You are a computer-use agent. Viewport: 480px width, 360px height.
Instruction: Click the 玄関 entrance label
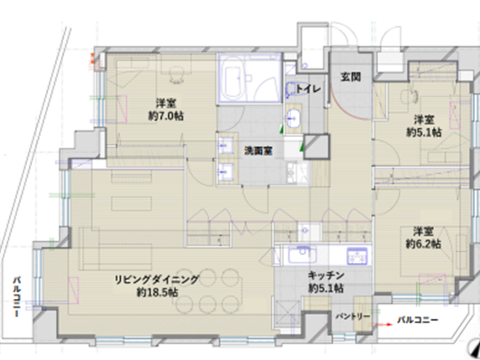[351, 77]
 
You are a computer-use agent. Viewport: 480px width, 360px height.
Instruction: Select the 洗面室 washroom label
[258, 151]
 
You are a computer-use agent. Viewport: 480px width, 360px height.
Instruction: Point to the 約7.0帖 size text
[166, 116]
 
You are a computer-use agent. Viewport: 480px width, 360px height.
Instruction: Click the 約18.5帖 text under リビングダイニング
[157, 292]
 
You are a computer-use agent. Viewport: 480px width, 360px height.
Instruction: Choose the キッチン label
[326, 275]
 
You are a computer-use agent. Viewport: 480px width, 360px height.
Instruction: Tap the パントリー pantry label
[353, 316]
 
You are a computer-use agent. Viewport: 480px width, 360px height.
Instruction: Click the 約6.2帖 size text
[423, 244]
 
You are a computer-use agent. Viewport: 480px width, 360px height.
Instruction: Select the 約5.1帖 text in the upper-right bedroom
[424, 132]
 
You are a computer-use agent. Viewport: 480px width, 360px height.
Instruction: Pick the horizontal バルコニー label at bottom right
[418, 320]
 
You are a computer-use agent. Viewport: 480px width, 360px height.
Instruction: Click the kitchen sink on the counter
[302, 255]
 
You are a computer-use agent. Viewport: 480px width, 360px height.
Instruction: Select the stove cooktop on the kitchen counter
[357, 256]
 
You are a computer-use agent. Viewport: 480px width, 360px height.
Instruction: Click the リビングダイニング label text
[157, 279]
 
